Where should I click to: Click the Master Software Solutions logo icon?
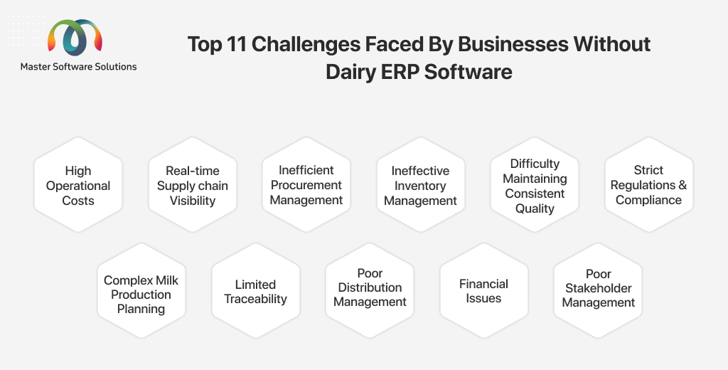coord(75,37)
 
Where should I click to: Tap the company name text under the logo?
coord(78,66)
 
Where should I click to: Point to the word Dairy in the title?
coord(349,72)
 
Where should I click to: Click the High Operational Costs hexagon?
coord(78,184)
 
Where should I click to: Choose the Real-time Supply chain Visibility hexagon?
coord(192,184)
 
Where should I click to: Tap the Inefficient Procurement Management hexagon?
coord(306,184)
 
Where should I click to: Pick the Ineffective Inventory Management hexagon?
coord(420,184)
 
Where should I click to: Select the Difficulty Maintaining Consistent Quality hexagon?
coord(535,184)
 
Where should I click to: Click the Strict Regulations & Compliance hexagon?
coord(648,184)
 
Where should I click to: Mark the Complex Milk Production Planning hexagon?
coord(141,290)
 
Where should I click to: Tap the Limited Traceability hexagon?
coord(255,290)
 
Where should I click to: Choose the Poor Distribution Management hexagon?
coord(370,290)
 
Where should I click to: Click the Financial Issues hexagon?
coord(483,290)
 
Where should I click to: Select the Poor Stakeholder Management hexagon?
coord(598,290)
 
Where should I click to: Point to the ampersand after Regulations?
coord(682,185)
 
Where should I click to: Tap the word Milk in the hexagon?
coord(167,280)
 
